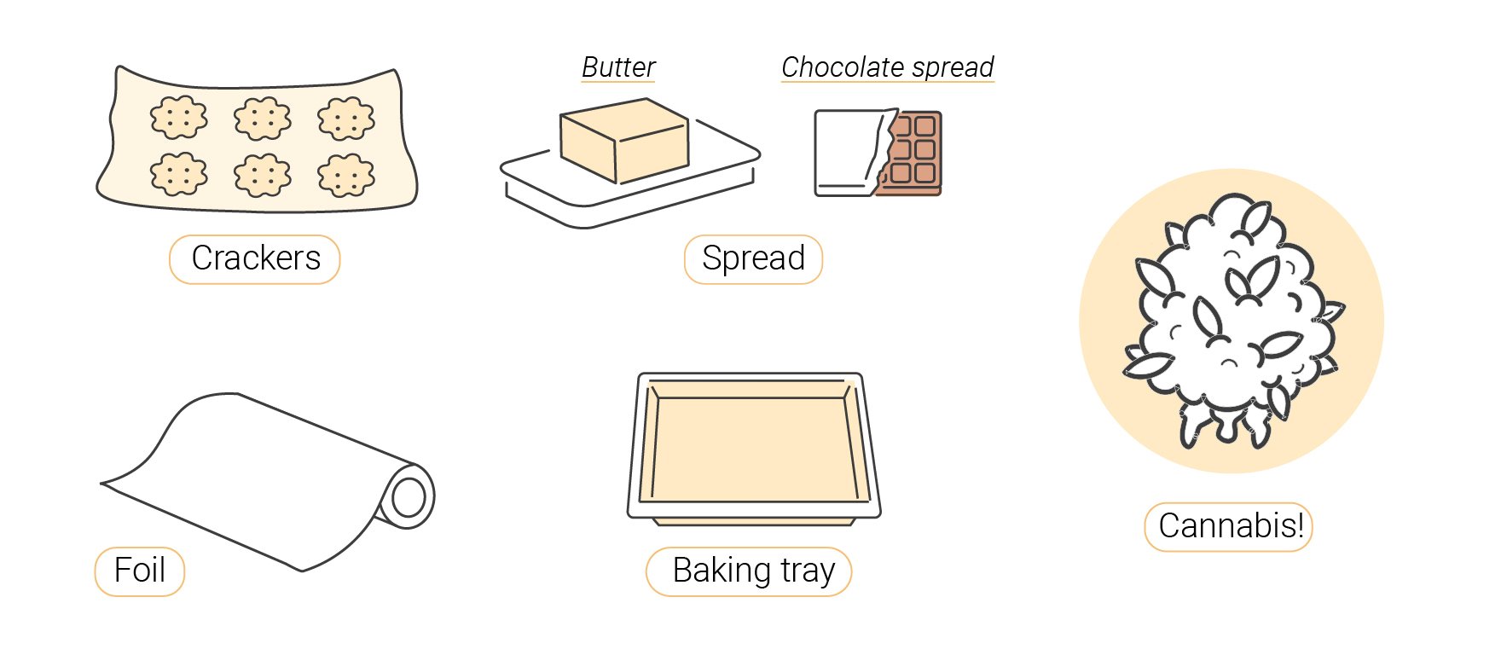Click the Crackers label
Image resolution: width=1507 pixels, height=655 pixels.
click(x=255, y=258)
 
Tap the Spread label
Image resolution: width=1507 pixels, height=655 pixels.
click(x=753, y=258)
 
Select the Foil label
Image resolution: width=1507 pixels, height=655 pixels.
click(x=140, y=571)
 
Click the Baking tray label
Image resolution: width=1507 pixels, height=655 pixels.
click(x=749, y=571)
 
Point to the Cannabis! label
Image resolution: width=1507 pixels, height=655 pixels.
click(x=1229, y=526)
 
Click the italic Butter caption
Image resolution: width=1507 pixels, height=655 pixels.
click(x=618, y=67)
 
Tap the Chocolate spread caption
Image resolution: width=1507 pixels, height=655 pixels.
click(x=888, y=67)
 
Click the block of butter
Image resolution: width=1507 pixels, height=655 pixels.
click(x=623, y=140)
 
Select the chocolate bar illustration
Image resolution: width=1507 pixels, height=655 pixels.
click(x=878, y=153)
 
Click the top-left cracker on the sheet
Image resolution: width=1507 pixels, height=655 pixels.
click(x=179, y=118)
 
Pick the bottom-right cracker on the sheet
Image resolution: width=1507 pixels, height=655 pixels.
click(x=346, y=175)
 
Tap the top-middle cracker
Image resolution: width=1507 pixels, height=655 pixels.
click(x=263, y=118)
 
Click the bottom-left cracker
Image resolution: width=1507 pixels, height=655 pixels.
click(x=179, y=175)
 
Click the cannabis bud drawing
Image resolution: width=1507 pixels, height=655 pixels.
click(x=1232, y=320)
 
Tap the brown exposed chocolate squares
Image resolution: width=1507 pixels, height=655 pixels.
click(x=913, y=153)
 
